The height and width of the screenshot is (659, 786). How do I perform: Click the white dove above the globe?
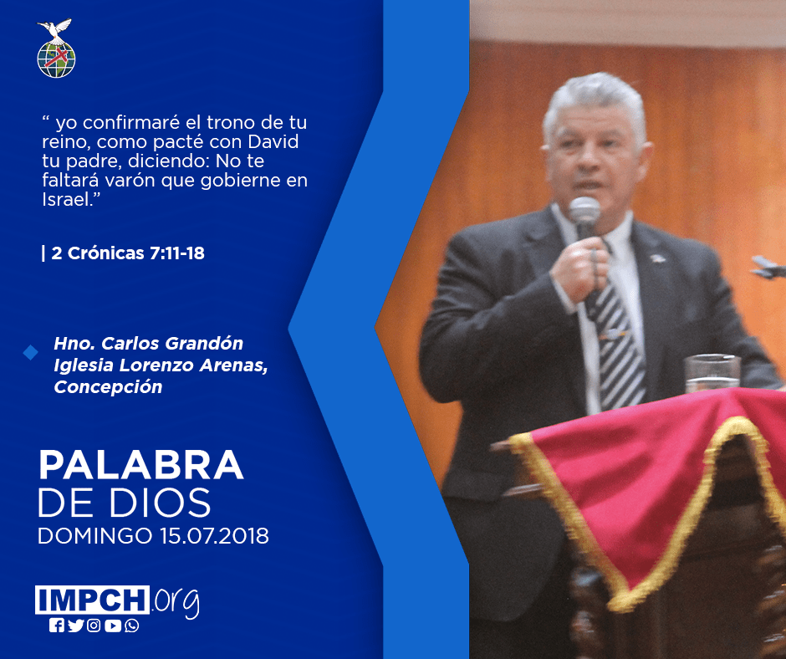tap(55, 30)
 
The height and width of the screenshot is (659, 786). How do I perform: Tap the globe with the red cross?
tap(56, 59)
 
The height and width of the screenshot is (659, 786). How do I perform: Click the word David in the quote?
tap(273, 142)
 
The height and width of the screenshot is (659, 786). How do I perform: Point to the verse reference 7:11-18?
tap(177, 253)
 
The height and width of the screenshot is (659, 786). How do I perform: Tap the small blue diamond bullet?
tap(31, 353)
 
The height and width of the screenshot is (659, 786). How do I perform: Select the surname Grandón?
tap(204, 344)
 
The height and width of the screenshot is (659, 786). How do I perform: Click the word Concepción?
tap(108, 387)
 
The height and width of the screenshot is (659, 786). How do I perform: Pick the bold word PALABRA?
tap(140, 466)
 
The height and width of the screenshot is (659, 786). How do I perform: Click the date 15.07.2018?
tap(215, 536)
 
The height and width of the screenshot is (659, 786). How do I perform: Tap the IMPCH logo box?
tap(92, 600)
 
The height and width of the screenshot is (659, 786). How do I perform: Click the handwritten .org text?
tap(176, 602)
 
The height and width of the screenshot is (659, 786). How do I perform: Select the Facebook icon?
tap(57, 626)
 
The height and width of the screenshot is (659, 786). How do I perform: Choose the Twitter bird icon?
tap(75, 626)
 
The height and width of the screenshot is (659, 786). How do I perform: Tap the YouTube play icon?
tap(113, 626)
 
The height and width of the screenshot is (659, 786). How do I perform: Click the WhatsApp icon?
tap(132, 626)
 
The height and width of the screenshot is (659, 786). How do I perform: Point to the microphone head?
tap(584, 211)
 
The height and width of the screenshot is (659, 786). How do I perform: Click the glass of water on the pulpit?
tap(712, 374)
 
